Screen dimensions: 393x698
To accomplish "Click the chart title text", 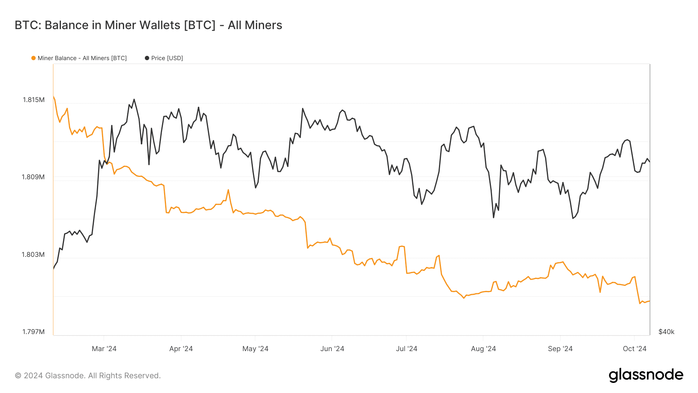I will (x=148, y=25).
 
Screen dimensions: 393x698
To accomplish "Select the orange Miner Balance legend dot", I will (x=33, y=58).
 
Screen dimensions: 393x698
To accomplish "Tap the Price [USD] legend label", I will (x=167, y=58).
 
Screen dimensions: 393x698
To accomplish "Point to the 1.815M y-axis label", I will (x=34, y=100).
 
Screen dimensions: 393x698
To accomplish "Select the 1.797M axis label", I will (x=33, y=332).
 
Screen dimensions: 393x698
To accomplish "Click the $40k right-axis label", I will (x=666, y=332).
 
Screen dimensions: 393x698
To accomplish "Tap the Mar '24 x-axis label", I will (x=104, y=349).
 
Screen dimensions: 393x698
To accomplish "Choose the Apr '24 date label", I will (x=181, y=349).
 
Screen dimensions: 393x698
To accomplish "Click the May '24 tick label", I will (x=255, y=349).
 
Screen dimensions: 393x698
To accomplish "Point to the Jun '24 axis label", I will (x=332, y=349).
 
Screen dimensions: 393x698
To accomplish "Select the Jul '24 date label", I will (x=406, y=349).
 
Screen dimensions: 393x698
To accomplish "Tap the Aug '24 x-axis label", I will (x=483, y=349).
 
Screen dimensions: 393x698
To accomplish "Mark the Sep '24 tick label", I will (x=560, y=349).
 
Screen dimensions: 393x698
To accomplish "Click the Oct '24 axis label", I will (x=634, y=349).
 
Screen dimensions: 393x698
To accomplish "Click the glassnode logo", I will (x=646, y=375).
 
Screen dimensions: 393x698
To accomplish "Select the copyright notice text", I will (x=88, y=376).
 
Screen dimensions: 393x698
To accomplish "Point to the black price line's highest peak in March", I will (x=134, y=99).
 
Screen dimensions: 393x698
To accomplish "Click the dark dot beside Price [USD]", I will (x=147, y=58).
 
